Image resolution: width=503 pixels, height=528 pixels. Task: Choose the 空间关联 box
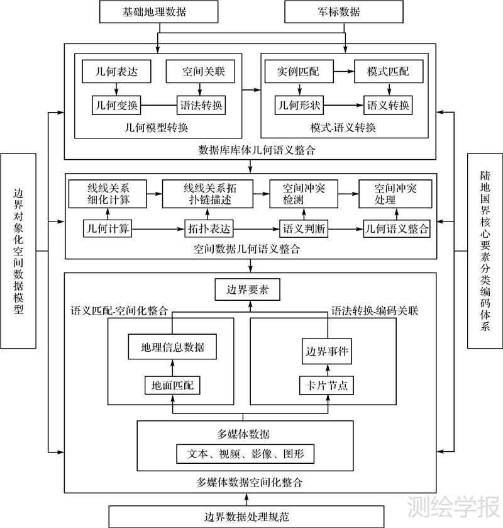tap(200, 72)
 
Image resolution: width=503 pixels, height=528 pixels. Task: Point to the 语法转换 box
tap(201, 104)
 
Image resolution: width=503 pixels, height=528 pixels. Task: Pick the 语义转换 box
tap(387, 104)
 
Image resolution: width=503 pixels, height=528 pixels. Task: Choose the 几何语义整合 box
tap(397, 228)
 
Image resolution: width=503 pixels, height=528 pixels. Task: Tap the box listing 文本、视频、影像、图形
tap(245, 453)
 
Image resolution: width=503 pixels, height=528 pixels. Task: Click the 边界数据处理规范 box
tap(247, 517)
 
